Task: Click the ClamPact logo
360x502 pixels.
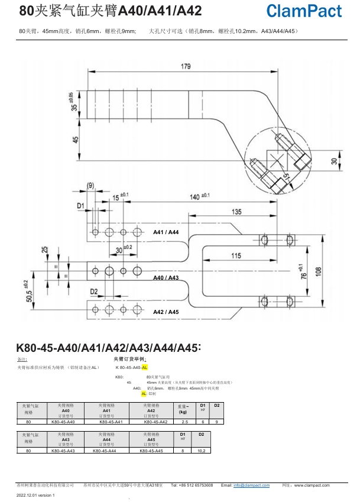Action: [x=304, y=11]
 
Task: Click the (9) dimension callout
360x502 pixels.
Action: [x=90, y=186]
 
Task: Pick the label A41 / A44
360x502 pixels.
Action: [x=166, y=232]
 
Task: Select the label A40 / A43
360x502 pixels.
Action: [x=166, y=277]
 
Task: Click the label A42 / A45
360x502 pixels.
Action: [x=166, y=312]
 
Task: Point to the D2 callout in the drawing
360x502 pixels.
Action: [x=93, y=292]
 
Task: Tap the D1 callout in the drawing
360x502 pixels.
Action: [x=81, y=205]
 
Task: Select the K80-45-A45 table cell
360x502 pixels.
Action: [x=151, y=451]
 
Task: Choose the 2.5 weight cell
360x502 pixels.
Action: [x=184, y=422]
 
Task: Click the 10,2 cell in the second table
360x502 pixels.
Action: [x=201, y=451]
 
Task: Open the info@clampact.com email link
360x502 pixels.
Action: [x=251, y=485]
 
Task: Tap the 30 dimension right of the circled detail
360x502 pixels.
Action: [x=333, y=161]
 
